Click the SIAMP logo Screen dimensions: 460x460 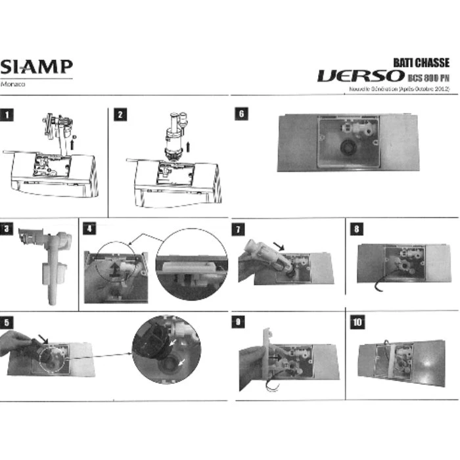coord(36,67)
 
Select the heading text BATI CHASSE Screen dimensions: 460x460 coord(421,62)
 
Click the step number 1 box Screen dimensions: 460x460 coord(7,114)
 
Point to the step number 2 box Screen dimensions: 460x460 coord(120,114)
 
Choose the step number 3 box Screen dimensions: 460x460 coord(7,228)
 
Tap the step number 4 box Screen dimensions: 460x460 coord(89,228)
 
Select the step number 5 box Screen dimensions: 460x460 coord(7,322)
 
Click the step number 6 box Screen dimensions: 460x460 coord(241,114)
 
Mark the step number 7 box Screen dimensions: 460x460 coord(241,229)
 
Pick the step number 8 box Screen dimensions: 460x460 coord(356,229)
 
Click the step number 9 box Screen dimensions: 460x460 coord(241,322)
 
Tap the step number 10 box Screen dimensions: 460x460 coord(357,322)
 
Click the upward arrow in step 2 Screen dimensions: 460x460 coord(189,144)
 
